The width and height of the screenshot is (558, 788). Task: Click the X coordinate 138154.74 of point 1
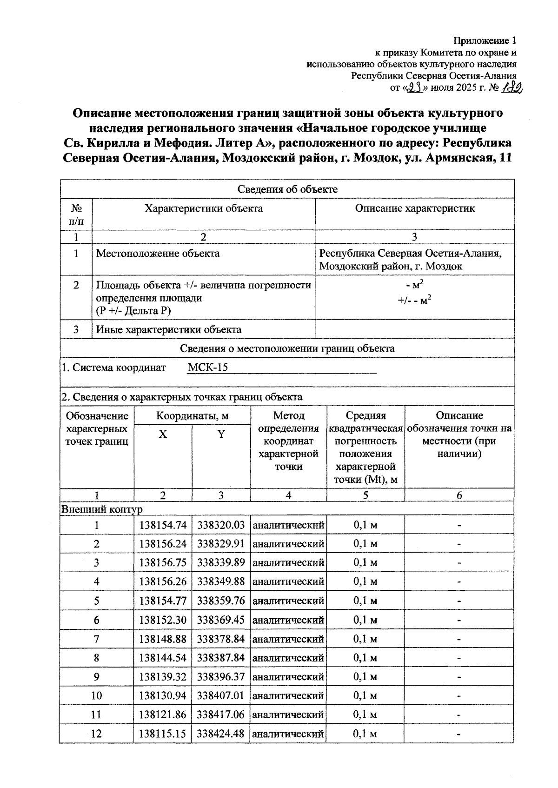[x=163, y=525]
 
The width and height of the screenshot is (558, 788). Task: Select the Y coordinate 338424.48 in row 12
[x=220, y=734]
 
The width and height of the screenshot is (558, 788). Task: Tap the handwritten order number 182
[x=512, y=87]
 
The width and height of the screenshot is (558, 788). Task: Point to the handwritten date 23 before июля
[x=413, y=87]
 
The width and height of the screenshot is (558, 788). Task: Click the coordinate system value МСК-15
[x=208, y=367]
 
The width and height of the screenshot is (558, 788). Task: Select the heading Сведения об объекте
[x=287, y=189]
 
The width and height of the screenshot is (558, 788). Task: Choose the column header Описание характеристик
[x=415, y=208]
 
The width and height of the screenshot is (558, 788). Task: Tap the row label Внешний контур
[x=101, y=509]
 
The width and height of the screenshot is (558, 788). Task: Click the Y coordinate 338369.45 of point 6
[x=220, y=620]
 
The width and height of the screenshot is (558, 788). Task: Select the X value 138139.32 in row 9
[x=163, y=677]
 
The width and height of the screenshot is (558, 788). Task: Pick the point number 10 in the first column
[x=96, y=696]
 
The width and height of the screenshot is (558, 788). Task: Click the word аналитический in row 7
[x=288, y=639]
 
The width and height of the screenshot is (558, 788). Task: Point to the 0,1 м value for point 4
[x=365, y=582]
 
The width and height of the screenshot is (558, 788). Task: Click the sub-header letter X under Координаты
[x=163, y=434]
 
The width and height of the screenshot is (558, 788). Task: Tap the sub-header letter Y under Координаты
[x=221, y=434]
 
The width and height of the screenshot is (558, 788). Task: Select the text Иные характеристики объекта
[x=169, y=330]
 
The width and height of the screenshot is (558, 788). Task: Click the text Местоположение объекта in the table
[x=158, y=254]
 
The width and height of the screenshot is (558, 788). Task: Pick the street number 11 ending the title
[x=504, y=158]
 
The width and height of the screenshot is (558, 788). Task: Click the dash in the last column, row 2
[x=459, y=544]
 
